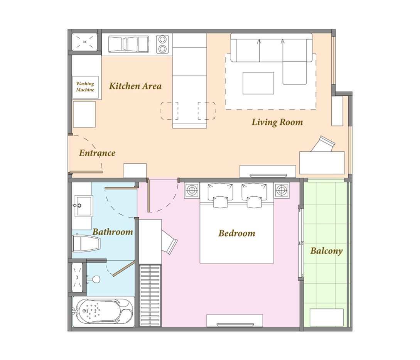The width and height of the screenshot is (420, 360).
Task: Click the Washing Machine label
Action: [85, 87]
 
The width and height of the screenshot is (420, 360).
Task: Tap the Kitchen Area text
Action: [135, 86]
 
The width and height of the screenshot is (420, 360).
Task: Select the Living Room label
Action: [277, 122]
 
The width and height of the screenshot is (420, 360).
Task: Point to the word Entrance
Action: [97, 153]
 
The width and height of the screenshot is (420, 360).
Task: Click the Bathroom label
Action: [113, 232]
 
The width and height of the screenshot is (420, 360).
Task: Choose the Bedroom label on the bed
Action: [237, 233]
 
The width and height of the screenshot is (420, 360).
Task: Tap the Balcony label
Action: [327, 251]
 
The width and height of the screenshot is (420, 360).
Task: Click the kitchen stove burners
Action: [162, 44]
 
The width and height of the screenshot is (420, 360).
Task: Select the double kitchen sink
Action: [128, 44]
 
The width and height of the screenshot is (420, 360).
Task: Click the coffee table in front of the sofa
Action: [258, 83]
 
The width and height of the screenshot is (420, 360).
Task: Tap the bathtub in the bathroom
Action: [103, 311]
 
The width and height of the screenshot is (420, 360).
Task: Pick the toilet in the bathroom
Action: [86, 243]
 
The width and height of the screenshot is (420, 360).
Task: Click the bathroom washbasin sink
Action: [84, 206]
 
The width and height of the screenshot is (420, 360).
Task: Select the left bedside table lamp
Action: [192, 191]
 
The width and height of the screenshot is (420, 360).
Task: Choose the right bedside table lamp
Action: [282, 191]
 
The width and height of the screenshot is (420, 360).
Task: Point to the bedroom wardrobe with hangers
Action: [150, 296]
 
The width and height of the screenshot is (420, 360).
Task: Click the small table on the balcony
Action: [327, 318]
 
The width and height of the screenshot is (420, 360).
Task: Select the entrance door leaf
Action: [86, 172]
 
